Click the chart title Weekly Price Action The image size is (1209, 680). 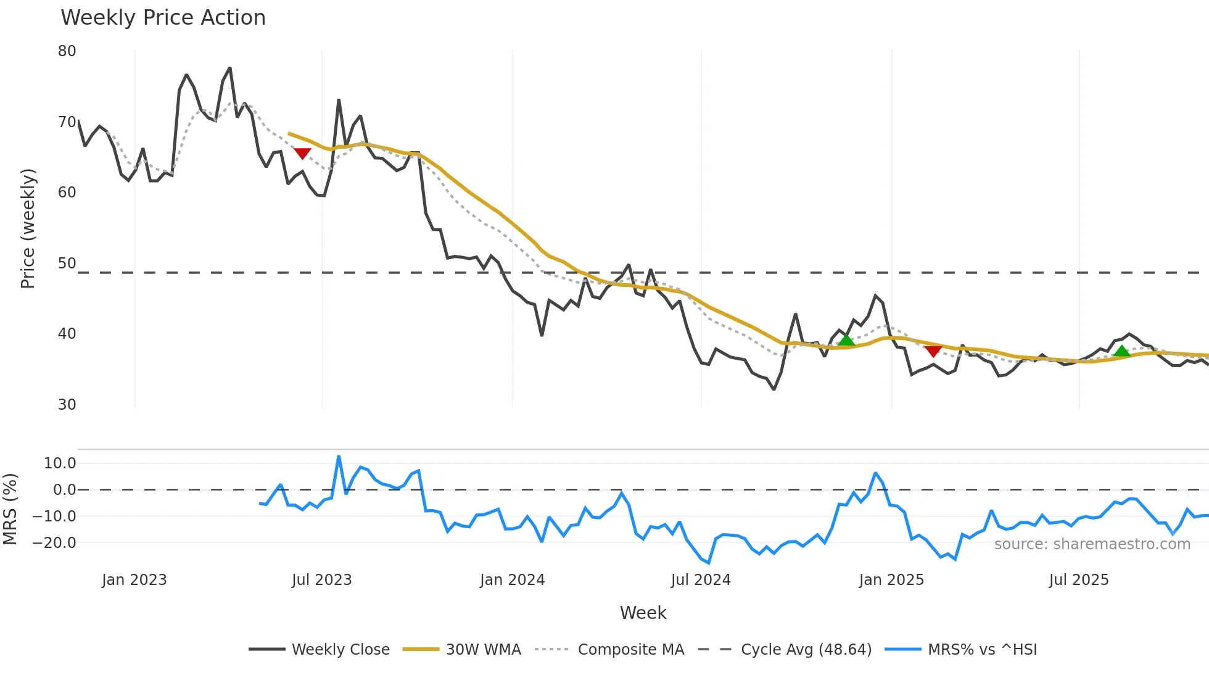(x=163, y=18)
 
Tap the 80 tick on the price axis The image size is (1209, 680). (x=67, y=51)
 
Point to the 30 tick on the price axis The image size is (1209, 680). (x=67, y=405)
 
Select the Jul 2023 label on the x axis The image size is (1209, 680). (x=321, y=580)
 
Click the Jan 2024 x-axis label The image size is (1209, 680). (x=512, y=580)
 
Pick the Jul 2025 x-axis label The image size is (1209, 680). (x=1079, y=580)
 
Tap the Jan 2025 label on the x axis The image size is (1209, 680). (x=891, y=580)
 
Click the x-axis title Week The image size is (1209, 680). (x=643, y=613)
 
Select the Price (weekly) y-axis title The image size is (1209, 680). (x=28, y=228)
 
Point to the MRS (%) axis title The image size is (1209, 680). (x=10, y=509)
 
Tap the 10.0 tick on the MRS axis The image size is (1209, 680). (x=60, y=463)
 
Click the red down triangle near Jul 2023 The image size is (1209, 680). (x=302, y=153)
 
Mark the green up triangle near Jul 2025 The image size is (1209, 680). (x=1121, y=351)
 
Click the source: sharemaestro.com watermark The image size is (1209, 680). (x=1092, y=544)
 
